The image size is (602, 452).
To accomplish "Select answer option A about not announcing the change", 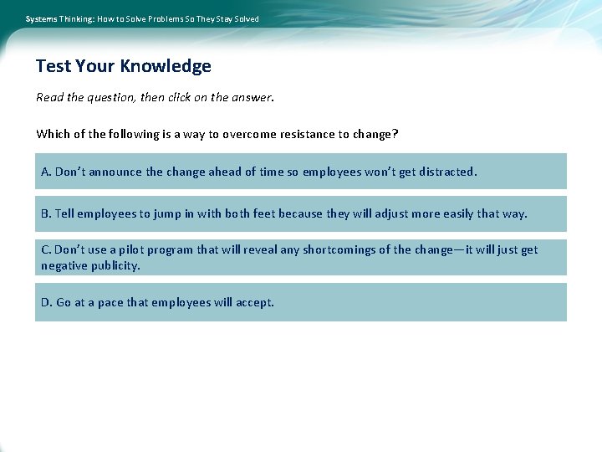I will click(300, 172).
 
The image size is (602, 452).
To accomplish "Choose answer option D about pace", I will click(300, 302).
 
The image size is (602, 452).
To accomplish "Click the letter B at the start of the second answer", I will click(45, 213).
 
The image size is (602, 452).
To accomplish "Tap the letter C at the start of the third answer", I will click(45, 249).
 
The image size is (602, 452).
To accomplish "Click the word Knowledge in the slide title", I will click(166, 66).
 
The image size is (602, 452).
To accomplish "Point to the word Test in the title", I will click(54, 66).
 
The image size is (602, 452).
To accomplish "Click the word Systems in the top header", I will click(41, 18).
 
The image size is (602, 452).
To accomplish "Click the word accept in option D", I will click(254, 302).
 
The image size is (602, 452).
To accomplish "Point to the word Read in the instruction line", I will click(49, 97).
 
